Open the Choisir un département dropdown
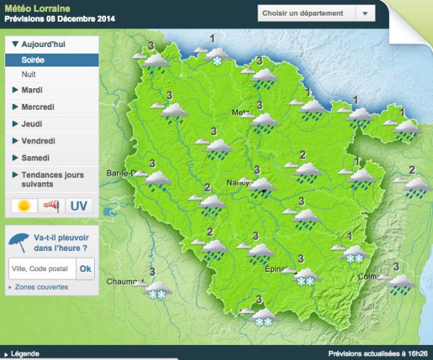[x=316, y=13]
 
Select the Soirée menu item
[x=33, y=59]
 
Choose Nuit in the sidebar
[x=29, y=75]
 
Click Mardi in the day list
[x=31, y=90]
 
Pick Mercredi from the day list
[x=37, y=107]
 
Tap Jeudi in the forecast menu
[x=32, y=124]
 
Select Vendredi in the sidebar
[x=38, y=140]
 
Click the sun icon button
[x=24, y=205]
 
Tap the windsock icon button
[x=50, y=205]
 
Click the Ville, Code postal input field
[x=41, y=269]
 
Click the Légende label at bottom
[x=25, y=354]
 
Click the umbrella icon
[x=20, y=241]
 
